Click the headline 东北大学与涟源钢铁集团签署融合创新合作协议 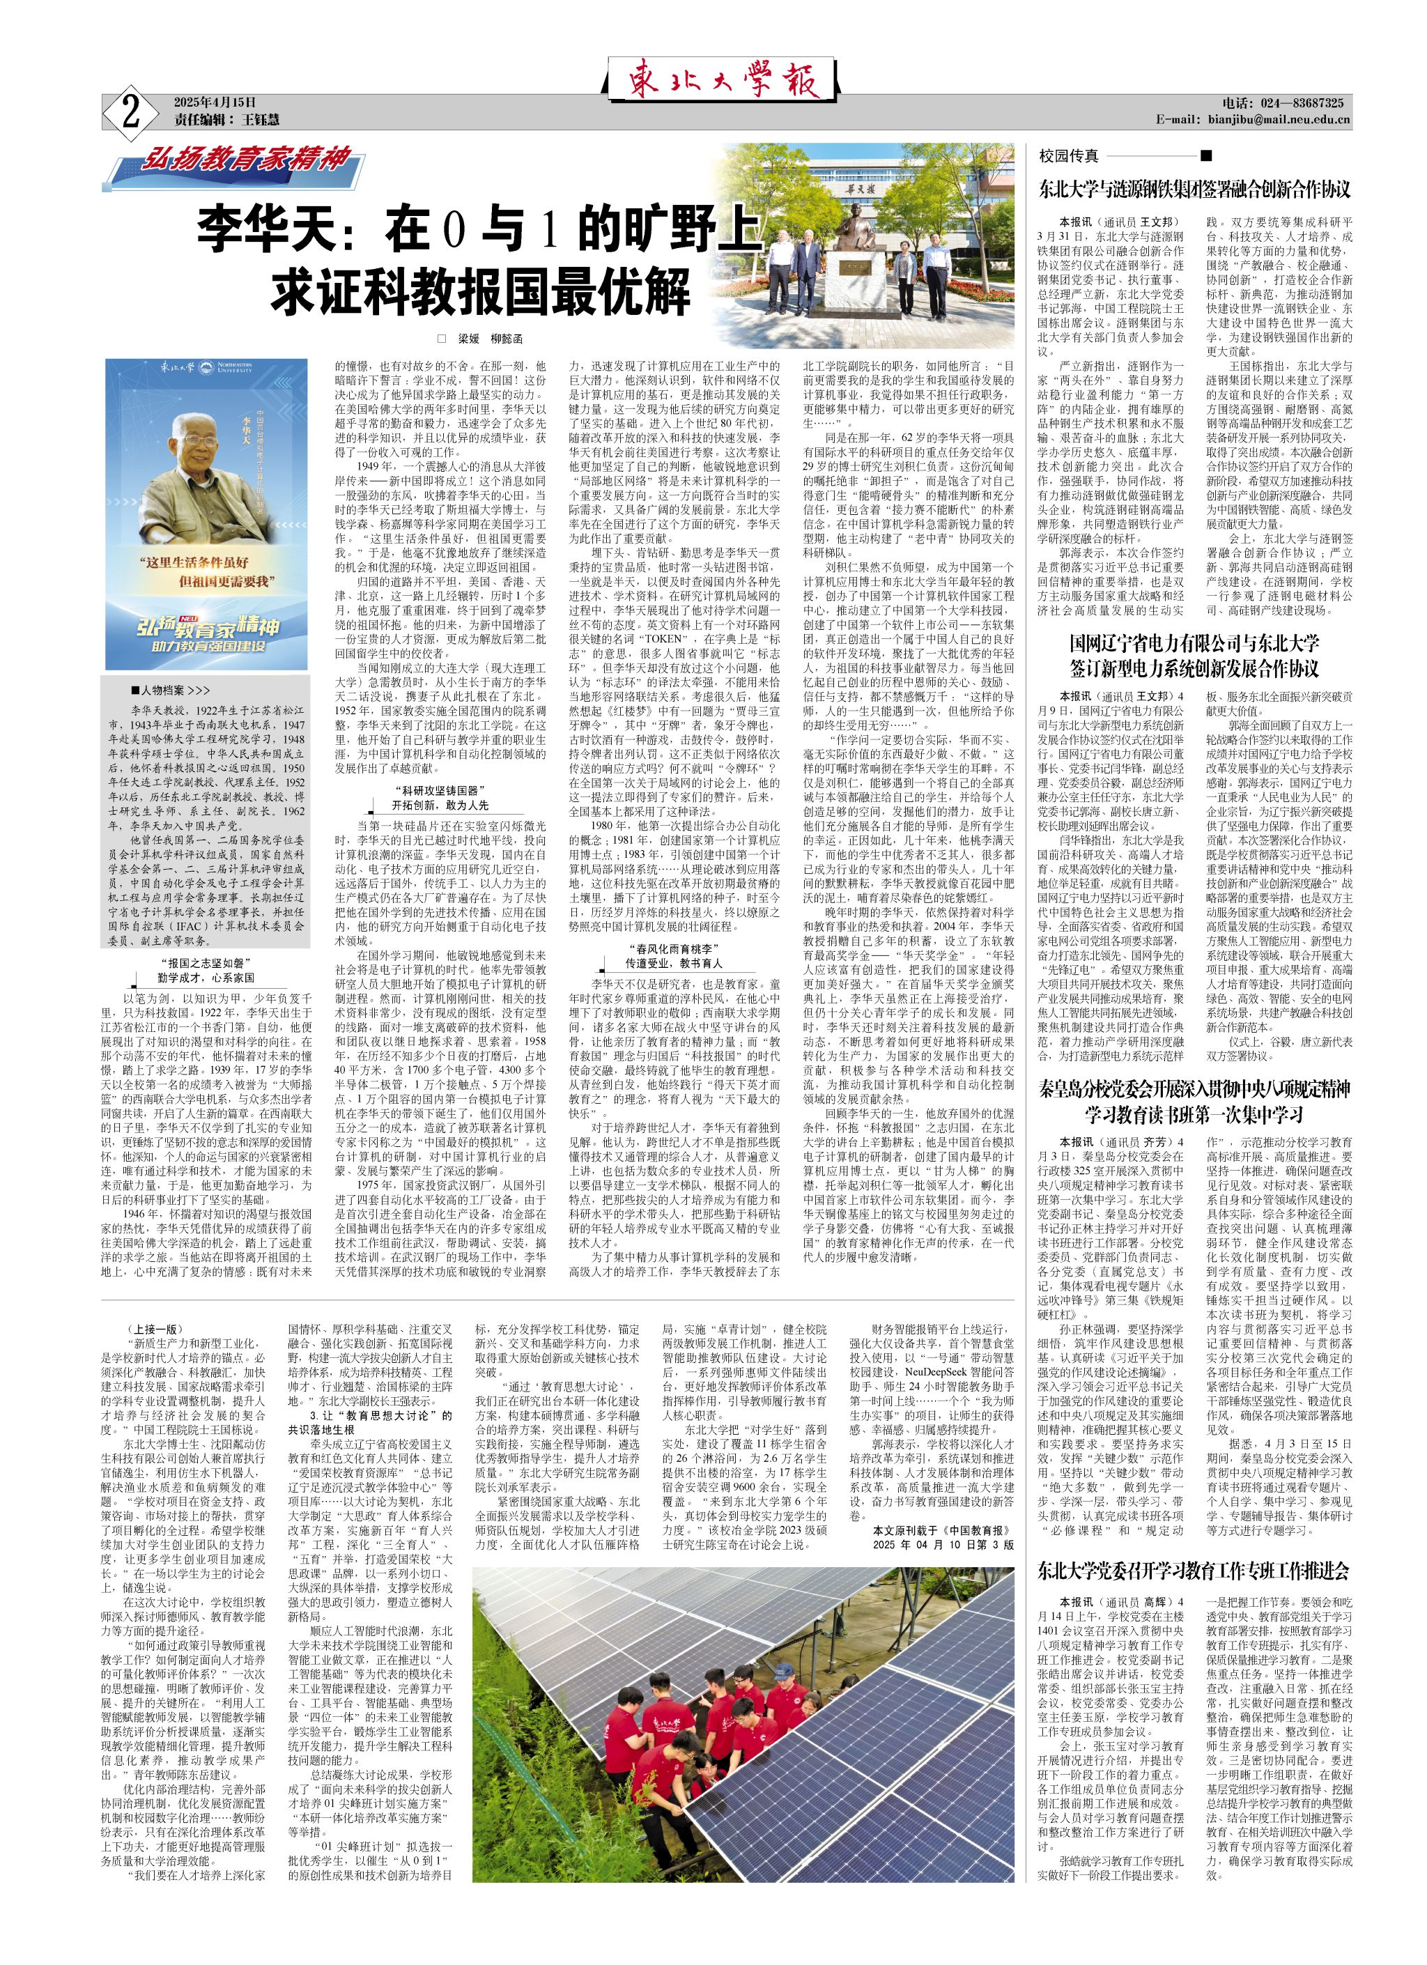1195,188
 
